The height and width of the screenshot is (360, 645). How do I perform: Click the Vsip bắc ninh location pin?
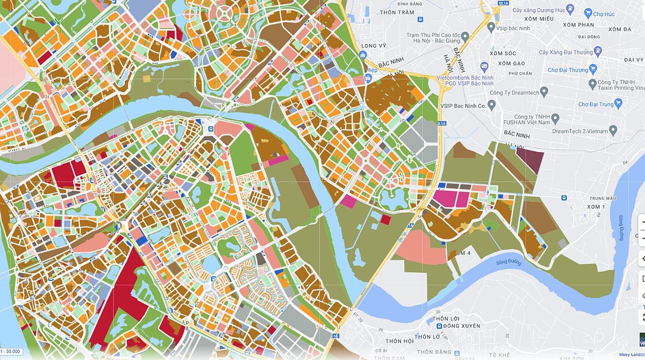pyautogui.click(x=491, y=26)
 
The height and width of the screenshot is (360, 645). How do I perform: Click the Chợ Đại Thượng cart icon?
pyautogui.click(x=593, y=68)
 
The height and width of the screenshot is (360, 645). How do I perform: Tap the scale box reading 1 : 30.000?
pyautogui.click(x=11, y=351)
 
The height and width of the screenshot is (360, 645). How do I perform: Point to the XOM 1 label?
pyautogui.click(x=596, y=206)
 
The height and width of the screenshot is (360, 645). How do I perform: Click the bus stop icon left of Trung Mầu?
pyautogui.click(x=564, y=198)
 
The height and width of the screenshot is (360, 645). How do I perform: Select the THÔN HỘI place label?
pyautogui.click(x=399, y=341)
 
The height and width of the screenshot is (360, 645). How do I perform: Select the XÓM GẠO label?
pyautogui.click(x=511, y=63)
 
